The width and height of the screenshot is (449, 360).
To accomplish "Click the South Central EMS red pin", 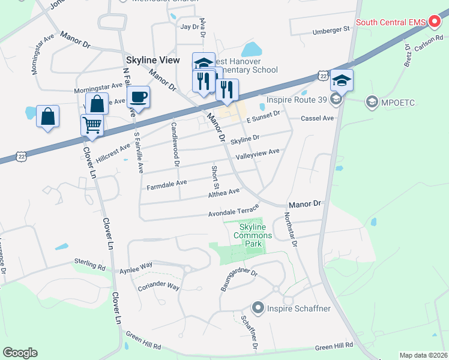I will click(435, 23).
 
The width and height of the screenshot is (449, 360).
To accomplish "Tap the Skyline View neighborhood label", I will click(152, 61).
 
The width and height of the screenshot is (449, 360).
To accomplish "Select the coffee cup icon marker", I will click(138, 98).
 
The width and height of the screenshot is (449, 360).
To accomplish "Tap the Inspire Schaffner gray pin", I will click(259, 308).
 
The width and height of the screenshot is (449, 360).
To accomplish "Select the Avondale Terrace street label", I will click(234, 210).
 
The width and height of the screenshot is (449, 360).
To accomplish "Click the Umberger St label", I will click(331, 29).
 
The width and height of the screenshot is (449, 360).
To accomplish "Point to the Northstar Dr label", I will click(291, 229).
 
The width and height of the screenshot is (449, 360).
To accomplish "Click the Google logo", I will click(20, 353).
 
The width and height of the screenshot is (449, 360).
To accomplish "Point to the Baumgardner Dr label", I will click(238, 280).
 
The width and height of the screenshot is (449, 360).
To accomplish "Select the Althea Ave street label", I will click(223, 193).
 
